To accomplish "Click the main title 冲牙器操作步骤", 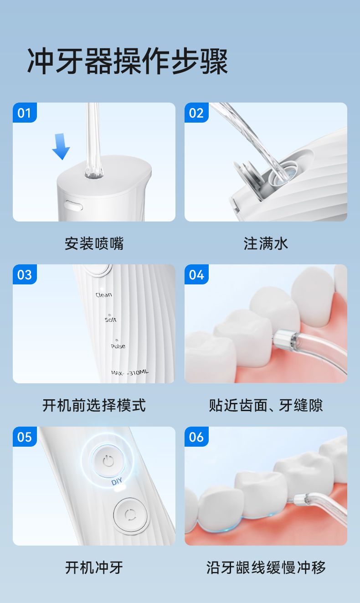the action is coord(128,62).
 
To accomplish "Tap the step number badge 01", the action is coord(25,113).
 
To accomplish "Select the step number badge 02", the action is coord(196,113).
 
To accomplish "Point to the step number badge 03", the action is coord(25,274).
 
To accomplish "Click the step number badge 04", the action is coord(196,274).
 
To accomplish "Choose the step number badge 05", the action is coord(25,437).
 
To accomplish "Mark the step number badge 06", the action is coord(196,437).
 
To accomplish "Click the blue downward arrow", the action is coord(61,147).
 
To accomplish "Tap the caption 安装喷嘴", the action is coord(94,243).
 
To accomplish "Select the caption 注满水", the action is coord(266,243).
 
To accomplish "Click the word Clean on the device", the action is coord(104,295).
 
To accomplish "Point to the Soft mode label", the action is coord(111,320).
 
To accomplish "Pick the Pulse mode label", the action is coord(118,346).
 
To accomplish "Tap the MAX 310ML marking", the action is coord(130,372).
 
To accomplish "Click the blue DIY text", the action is coord(117,481).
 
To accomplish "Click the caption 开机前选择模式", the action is coord(94,405).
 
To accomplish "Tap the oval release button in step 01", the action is coord(73,206).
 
